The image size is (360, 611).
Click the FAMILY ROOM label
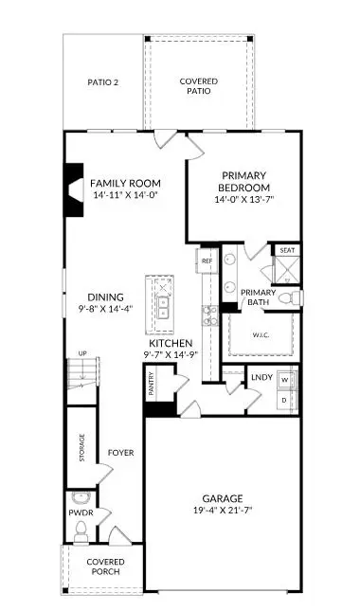125,183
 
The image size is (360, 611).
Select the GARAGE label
224,498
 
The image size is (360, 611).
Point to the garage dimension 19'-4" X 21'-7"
224,510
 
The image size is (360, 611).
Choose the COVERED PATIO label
198,87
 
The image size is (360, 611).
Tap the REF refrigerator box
207,259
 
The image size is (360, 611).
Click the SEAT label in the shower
287,250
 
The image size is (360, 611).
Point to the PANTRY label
151,383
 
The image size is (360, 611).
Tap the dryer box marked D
283,401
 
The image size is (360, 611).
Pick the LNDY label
261,378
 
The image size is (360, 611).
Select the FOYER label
120,453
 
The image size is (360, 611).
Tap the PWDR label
80,512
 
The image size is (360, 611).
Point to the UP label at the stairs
81,353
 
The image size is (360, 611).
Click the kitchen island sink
162,309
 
